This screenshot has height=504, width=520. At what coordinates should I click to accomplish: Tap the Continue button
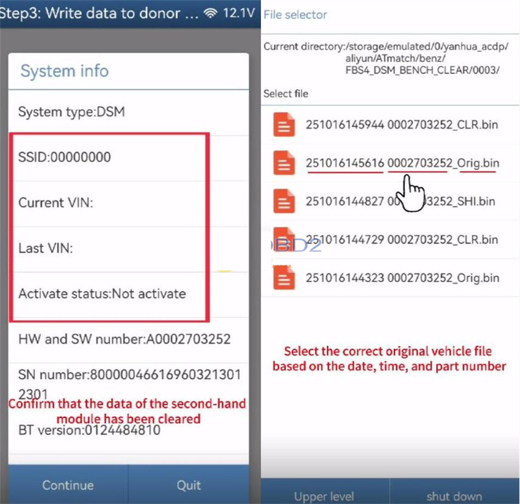[67, 485]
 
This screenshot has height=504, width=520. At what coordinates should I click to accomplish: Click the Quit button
[188, 485]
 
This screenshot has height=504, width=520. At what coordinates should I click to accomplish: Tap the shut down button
[454, 496]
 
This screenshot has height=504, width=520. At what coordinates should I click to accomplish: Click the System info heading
[65, 71]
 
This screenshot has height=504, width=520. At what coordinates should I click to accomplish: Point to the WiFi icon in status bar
[210, 14]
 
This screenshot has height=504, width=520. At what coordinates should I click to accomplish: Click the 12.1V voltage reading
[239, 14]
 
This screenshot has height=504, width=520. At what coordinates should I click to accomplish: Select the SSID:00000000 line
[65, 158]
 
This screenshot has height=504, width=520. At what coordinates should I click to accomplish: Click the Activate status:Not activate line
[102, 294]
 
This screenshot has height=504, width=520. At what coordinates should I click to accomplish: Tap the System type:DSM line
[71, 112]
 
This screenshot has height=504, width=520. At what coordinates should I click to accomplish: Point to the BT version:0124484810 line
[89, 430]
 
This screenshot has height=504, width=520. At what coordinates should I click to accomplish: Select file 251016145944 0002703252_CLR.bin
[402, 125]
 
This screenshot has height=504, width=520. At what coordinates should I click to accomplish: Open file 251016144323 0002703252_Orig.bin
[402, 278]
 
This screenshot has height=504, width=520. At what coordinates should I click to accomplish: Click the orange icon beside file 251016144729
[284, 240]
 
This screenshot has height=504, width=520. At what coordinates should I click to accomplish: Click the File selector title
[295, 15]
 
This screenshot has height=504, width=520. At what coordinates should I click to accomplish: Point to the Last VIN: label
[46, 248]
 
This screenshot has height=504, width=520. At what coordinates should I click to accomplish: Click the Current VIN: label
[56, 203]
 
